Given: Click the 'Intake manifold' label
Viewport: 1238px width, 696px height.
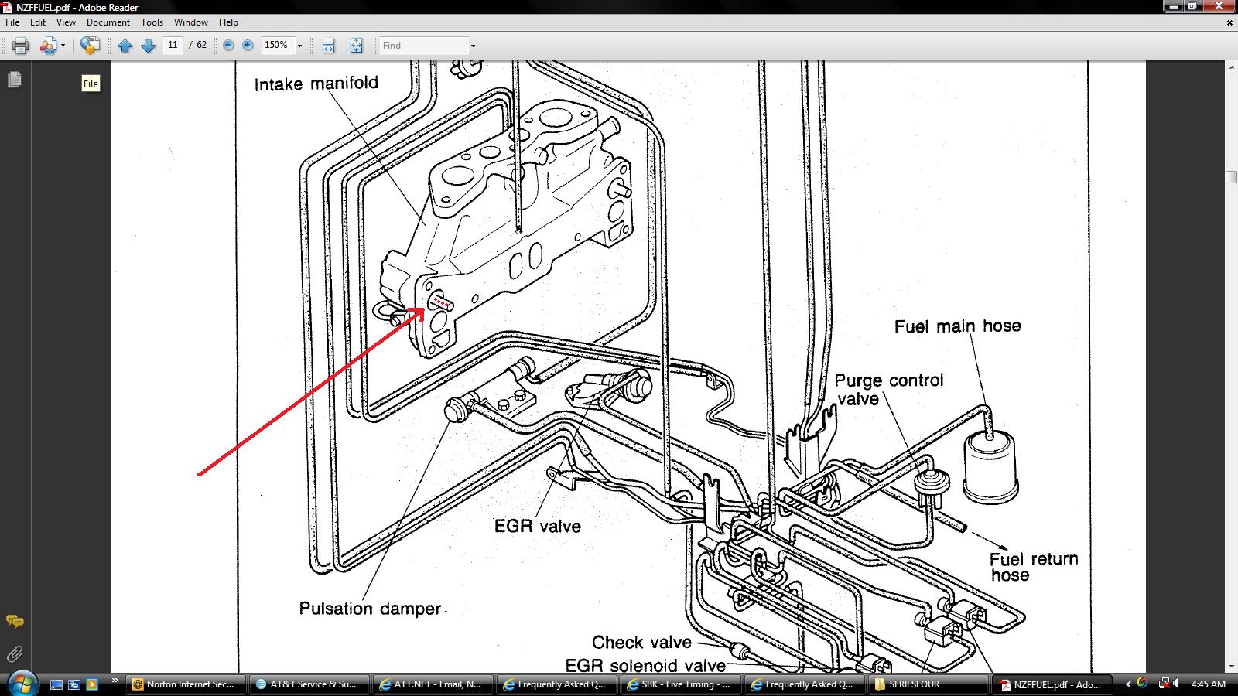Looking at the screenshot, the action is pos(316,84).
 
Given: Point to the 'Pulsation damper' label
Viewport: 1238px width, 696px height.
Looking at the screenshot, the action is pos(371,608).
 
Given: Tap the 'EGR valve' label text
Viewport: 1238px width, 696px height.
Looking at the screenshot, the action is pos(537,526).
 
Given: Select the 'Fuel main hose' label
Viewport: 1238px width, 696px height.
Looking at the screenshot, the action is pos(958,326).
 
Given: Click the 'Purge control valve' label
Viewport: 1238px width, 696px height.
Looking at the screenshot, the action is pos(889,390).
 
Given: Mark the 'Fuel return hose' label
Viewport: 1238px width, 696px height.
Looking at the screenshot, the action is pos(1034,567).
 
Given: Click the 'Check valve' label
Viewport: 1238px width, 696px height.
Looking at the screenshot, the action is pos(641,642).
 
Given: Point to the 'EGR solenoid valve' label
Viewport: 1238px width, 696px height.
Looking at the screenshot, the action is pos(645,665).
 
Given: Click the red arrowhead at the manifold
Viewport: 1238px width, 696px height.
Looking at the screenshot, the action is pos(417,314).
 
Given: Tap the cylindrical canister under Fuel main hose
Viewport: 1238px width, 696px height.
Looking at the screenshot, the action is pos(990,469).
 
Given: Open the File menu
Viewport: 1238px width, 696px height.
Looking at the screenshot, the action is pos(12,22).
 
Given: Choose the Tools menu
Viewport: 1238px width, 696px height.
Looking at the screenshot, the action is pos(152,22).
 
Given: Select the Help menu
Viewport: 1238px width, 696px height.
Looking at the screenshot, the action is pos(228,22).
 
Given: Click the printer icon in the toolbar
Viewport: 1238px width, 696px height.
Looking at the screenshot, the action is pos(20,46).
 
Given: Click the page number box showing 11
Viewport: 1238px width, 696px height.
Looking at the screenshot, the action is pos(173,45).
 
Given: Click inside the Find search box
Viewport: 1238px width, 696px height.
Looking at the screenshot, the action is pos(423,46).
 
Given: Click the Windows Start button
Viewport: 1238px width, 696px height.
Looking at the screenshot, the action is pos(22,684).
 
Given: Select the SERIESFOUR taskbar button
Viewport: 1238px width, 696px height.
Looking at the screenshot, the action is pos(929,684).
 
